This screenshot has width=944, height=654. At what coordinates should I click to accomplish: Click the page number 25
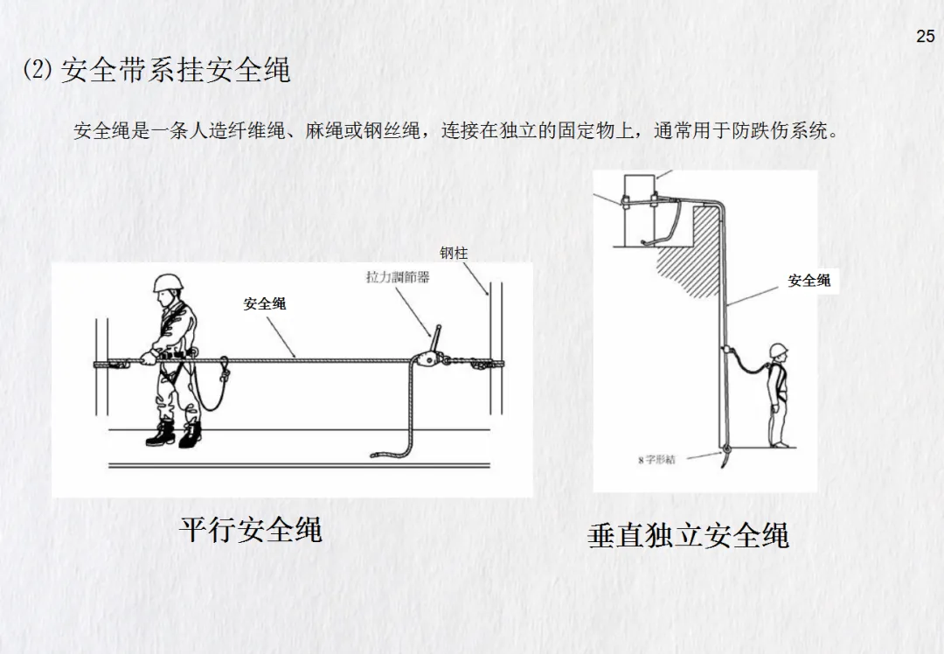tap(926, 36)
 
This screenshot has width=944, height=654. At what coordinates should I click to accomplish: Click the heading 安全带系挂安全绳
tap(176, 70)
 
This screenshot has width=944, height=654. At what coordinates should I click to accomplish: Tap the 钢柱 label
tap(454, 254)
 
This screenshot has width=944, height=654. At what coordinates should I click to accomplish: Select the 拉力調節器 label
tap(398, 277)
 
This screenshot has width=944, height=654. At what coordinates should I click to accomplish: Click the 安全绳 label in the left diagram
tap(264, 303)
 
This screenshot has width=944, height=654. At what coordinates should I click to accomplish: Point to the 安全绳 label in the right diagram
tap(809, 280)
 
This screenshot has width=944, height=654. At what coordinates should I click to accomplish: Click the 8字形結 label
tap(656, 460)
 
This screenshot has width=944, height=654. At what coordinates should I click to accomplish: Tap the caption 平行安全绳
tap(251, 529)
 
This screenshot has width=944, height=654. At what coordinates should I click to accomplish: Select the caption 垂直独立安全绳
tap(688, 536)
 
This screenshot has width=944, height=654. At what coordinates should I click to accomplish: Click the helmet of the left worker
tap(168, 282)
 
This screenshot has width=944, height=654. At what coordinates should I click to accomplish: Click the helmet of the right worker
tap(779, 350)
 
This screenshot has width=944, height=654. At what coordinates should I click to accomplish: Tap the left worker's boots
tap(173, 433)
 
